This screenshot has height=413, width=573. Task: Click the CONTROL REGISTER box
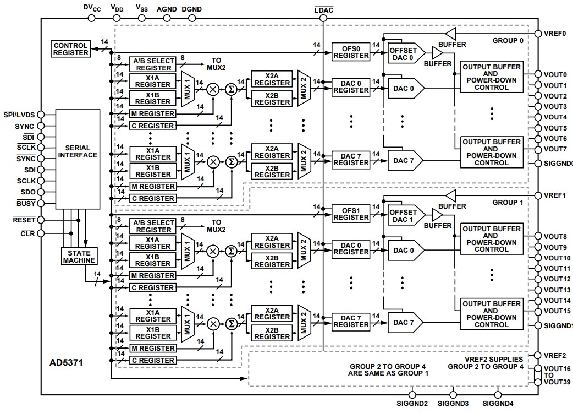(x=70, y=49)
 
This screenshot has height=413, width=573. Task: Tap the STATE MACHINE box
(x=79, y=257)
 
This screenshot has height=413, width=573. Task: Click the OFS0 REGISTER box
(x=351, y=52)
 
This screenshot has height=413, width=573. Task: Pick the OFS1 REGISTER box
(x=351, y=214)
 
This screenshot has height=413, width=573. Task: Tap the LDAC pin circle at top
(x=323, y=18)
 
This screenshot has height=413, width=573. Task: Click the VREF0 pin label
(x=555, y=33)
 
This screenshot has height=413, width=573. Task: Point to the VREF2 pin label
(x=555, y=356)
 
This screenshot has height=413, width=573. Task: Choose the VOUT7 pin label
(x=555, y=149)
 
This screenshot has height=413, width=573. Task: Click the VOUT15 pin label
(x=557, y=311)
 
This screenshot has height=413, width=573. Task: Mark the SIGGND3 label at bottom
(x=453, y=404)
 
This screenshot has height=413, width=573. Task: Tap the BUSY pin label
(x=26, y=203)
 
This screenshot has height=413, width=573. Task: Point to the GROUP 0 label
(x=508, y=41)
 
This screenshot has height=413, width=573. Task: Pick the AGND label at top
(x=167, y=9)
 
